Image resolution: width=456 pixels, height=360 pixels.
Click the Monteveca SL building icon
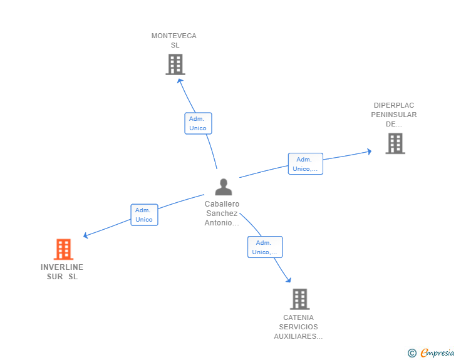175,64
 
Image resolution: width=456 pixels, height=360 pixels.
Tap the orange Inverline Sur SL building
63,249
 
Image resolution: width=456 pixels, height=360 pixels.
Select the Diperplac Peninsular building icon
395,143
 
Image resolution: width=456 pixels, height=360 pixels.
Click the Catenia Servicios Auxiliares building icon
299,299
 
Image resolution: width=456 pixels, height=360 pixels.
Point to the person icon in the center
223,187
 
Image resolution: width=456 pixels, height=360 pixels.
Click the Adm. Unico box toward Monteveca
198,123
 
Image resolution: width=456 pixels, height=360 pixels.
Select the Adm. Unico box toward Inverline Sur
144,215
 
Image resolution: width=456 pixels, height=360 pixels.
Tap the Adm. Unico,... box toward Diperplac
305,164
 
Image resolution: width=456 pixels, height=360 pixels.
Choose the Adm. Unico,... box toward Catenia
264,247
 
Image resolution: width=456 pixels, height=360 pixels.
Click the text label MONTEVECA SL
174,40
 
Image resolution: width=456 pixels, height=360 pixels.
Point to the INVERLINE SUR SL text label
62,272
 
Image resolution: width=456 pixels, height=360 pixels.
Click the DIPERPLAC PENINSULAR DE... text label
394,115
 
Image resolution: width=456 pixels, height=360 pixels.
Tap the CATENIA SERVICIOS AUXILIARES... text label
299,327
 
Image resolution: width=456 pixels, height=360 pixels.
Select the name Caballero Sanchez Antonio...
222,213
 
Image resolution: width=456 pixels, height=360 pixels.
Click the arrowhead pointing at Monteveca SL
180,80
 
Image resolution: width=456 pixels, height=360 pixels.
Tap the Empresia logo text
437,353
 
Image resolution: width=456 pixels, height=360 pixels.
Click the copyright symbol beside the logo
412,353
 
